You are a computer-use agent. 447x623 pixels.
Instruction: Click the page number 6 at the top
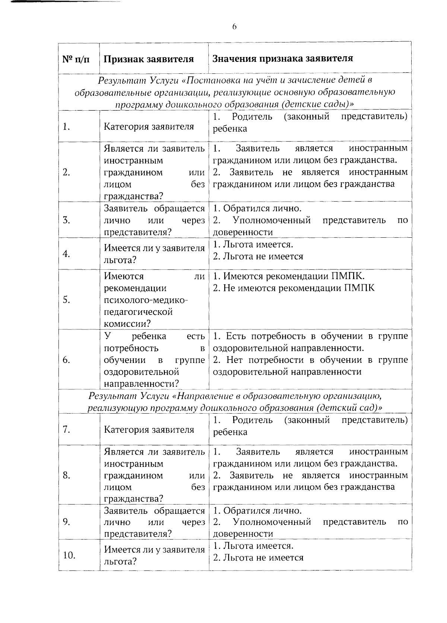point(234,26)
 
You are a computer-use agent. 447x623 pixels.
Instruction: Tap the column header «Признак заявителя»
point(149,59)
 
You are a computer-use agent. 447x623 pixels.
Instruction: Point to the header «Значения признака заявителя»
point(283,58)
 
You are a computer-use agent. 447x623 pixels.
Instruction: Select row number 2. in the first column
point(67,172)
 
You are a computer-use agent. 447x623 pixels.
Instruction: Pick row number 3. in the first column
point(67,220)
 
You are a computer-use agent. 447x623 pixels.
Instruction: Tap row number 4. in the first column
point(67,254)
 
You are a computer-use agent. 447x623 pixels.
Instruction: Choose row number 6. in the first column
point(67,360)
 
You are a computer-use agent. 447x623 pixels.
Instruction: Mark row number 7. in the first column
point(67,430)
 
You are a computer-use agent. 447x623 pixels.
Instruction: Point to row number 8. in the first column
point(67,475)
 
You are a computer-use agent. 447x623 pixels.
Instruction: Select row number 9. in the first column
point(67,522)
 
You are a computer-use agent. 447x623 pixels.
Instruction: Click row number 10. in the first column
point(69,555)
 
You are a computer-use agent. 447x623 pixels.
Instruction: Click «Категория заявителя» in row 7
point(149,430)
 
